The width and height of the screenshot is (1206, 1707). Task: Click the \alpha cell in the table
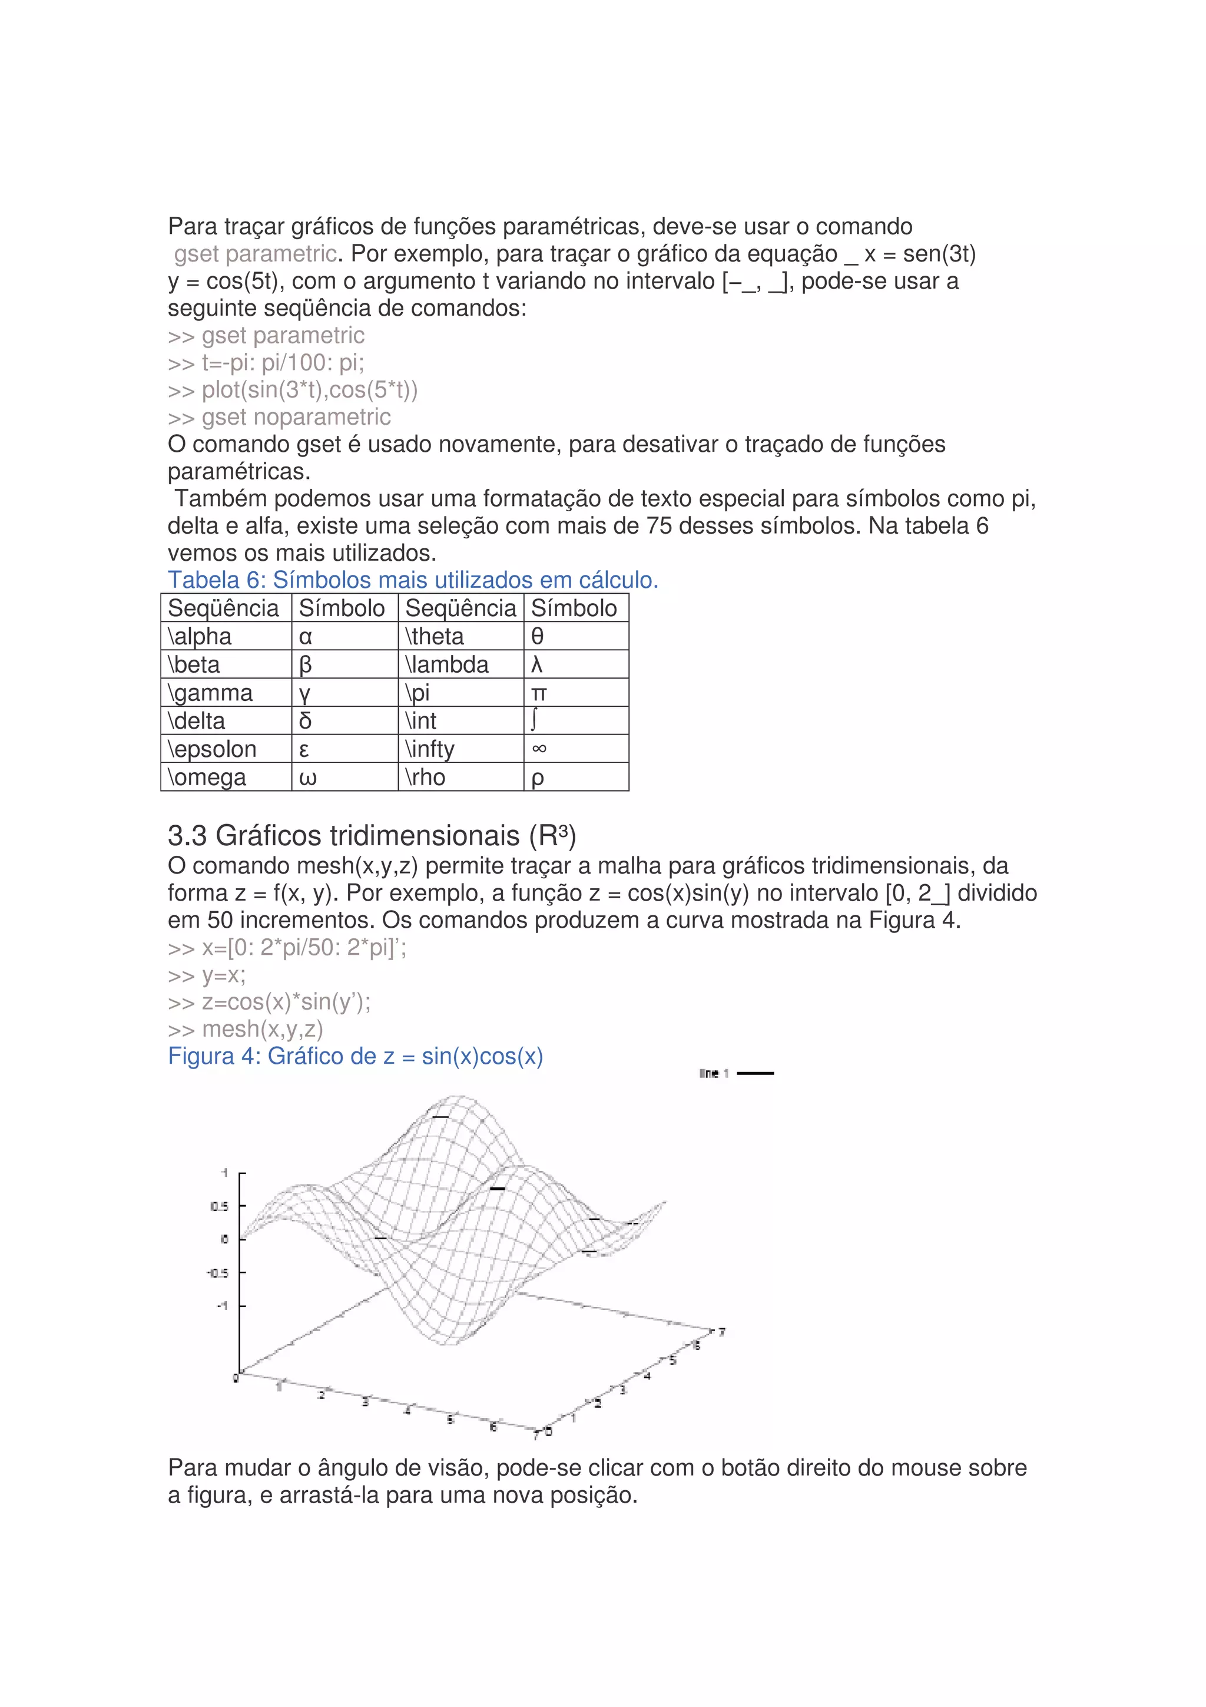pos(201,636)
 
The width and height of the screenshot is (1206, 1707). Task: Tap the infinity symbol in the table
pos(539,749)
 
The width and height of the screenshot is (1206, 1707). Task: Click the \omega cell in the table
pos(207,777)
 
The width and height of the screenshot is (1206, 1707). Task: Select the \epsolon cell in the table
pos(213,749)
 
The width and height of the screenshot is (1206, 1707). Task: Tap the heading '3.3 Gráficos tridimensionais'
pos(372,836)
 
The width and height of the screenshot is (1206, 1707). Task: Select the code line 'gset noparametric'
pos(295,417)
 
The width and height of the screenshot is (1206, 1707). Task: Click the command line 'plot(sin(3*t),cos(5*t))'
pos(309,389)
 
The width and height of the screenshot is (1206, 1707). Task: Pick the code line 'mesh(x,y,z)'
pos(261,1029)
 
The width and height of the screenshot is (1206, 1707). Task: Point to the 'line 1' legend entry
pos(714,1073)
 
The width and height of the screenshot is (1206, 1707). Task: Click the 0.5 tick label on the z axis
pos(219,1206)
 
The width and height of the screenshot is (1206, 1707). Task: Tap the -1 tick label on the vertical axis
pos(221,1305)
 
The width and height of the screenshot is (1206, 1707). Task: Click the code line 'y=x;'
pos(223,975)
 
